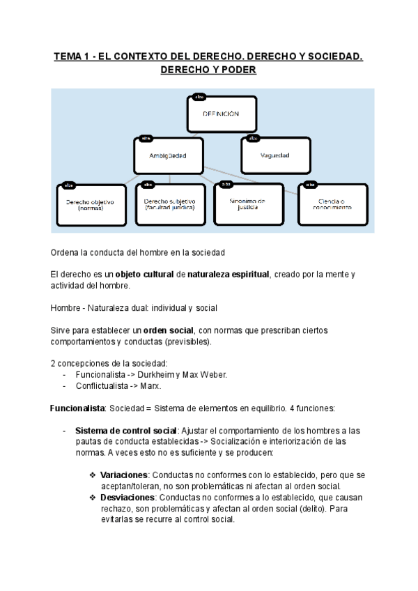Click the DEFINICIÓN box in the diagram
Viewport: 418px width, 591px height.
222,113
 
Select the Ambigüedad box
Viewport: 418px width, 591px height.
167,155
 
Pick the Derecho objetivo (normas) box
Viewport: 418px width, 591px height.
90,204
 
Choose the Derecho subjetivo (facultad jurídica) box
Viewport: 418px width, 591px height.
170,204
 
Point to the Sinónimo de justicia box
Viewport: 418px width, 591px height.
249,204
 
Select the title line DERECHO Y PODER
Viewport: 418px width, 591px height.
208,71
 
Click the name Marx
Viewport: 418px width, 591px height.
148,385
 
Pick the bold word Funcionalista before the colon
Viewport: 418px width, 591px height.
77,408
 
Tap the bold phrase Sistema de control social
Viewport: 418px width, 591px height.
126,430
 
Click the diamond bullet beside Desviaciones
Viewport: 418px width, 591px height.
93,497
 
